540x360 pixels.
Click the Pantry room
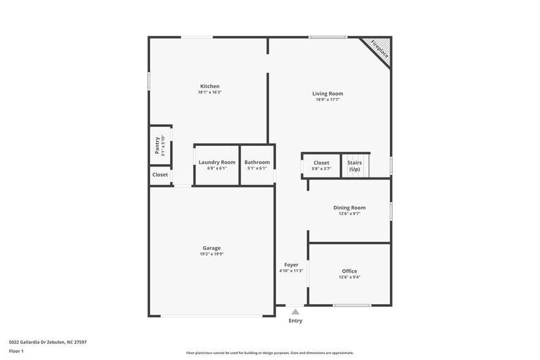point(160,146)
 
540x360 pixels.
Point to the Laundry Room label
point(217,162)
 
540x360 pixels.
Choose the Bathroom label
point(257,162)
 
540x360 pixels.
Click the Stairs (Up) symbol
point(354,166)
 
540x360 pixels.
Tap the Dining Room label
point(349,208)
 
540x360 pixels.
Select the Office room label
point(349,271)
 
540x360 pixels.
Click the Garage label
point(212,248)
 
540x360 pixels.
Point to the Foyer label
point(291,265)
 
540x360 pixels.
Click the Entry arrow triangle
point(295,312)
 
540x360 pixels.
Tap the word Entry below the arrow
point(295,321)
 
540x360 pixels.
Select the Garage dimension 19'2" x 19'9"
point(212,254)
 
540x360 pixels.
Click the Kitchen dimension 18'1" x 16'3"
point(209,92)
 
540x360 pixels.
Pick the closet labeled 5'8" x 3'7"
point(321,165)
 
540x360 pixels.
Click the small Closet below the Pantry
point(160,174)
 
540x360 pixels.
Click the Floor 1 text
point(16,351)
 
